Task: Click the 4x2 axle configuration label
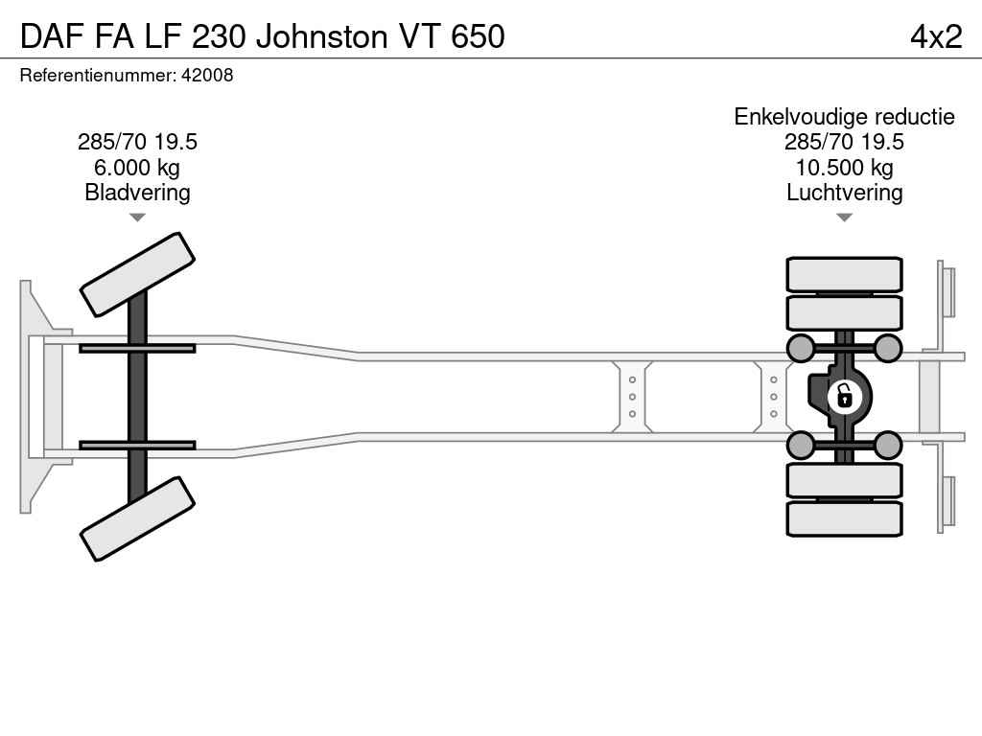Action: point(935,35)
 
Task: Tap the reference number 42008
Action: point(206,75)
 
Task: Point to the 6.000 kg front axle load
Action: point(137,168)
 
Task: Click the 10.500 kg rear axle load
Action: point(844,168)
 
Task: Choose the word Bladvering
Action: point(137,193)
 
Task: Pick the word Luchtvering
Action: point(844,193)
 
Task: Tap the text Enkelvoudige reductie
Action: point(844,117)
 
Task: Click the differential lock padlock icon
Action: point(844,395)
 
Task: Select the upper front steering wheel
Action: point(137,274)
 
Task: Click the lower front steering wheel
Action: point(137,519)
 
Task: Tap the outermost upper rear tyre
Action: point(844,274)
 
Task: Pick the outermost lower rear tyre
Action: point(844,518)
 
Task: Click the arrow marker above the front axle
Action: point(137,218)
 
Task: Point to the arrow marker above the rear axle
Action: point(844,218)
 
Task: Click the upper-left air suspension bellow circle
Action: point(800,348)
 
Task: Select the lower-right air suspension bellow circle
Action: point(888,445)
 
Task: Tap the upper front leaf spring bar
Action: point(137,348)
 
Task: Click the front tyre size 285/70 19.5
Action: point(137,142)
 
